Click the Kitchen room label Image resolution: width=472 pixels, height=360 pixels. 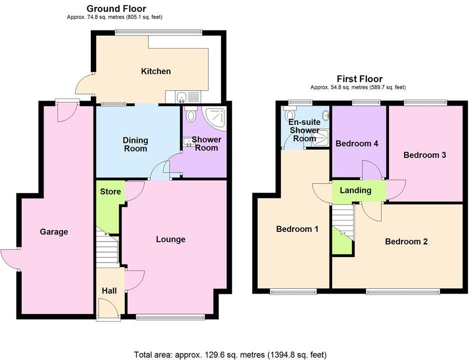tap(156, 71)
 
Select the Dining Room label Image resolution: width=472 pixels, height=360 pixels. tap(135, 144)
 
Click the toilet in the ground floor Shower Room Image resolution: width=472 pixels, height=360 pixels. tap(190, 115)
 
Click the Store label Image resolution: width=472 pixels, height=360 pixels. tap(110, 191)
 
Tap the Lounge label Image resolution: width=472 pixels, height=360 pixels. tap(170, 239)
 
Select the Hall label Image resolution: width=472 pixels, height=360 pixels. tap(109, 290)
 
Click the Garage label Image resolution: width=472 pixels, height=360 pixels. tap(54, 232)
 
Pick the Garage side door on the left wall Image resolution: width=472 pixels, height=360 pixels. tap(10, 259)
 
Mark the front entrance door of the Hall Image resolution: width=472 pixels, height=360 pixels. tap(108, 309)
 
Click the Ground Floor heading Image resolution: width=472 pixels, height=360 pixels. tap(116, 8)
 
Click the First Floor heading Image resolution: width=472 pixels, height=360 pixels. tap(360, 79)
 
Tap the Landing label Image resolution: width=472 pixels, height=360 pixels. tap(355, 190)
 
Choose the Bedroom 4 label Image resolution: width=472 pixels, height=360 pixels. tap(357, 144)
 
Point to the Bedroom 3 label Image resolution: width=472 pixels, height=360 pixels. tap(425, 155)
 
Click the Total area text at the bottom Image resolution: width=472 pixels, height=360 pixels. tap(230, 354)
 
